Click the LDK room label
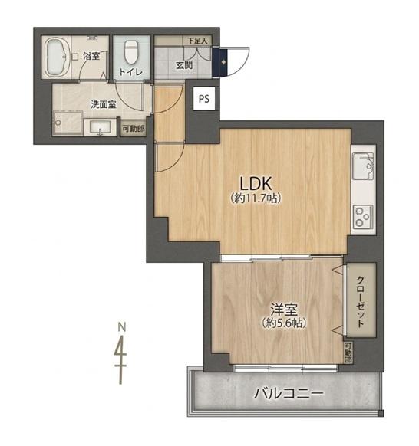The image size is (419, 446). tap(256, 183)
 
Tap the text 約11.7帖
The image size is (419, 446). tap(256, 198)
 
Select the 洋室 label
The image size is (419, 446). tap(284, 310)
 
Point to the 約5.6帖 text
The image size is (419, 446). tap(284, 323)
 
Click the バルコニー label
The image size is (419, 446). tap(289, 394)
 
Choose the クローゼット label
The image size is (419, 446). tap(361, 301)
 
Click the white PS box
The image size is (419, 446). tap(204, 99)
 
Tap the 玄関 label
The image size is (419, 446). tap(184, 65)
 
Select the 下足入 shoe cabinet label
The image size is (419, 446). tap(197, 41)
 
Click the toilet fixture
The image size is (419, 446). tap(131, 52)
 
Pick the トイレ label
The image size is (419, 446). tap(130, 72)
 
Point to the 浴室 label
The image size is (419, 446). tap(91, 56)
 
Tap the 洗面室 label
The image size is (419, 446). tap(104, 104)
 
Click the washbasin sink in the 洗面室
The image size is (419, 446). tap(101, 127)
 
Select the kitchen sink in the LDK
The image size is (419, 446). tap(363, 166)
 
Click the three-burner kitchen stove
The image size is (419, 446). tap(363, 217)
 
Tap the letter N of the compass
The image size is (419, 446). tap(122, 327)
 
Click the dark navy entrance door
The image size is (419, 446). tap(220, 63)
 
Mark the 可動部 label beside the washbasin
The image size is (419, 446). tap(133, 128)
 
